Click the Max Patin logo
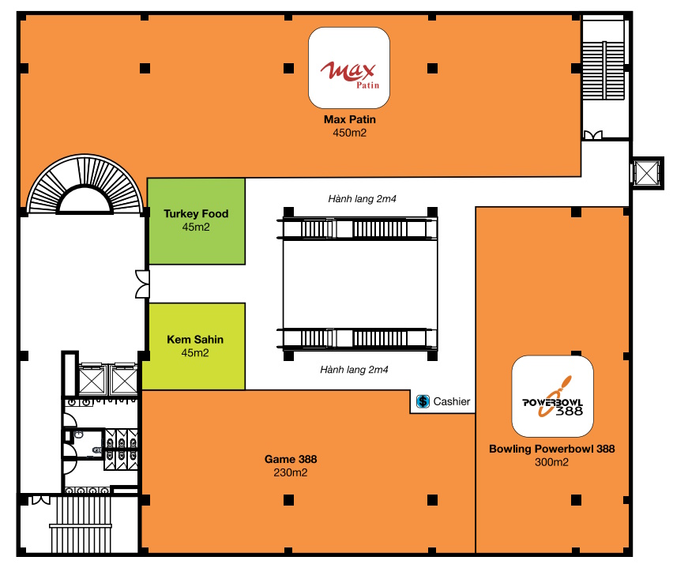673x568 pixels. (349, 67)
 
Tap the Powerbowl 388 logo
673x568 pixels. (552, 396)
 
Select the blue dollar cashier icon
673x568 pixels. (423, 401)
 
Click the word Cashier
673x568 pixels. (452, 401)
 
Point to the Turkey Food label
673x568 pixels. (196, 213)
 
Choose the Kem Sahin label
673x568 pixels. (195, 339)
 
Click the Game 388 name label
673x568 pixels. (291, 459)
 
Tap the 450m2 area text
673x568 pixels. (350, 133)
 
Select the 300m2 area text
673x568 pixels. (552, 462)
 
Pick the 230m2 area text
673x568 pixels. (291, 472)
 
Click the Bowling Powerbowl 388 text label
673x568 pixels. (552, 449)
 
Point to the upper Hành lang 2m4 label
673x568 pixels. (363, 199)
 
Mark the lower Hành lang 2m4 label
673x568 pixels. (354, 370)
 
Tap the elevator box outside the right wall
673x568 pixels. (646, 173)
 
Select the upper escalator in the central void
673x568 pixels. (357, 228)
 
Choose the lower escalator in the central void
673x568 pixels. (357, 338)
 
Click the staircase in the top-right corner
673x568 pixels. (603, 70)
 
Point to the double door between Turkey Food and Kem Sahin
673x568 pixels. (143, 284)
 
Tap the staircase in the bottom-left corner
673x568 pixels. (81, 525)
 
